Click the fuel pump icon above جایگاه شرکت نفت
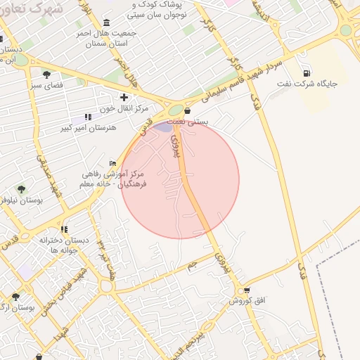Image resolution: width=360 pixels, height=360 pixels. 306,73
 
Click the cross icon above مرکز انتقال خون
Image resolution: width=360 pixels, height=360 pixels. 124,97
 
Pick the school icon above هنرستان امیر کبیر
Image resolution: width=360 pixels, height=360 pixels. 87,117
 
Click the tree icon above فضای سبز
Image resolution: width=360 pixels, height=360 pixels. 46,74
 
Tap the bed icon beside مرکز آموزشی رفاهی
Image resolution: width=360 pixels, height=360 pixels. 113,163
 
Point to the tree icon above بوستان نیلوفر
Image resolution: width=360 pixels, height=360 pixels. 21,188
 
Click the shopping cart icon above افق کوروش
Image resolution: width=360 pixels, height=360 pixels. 247,290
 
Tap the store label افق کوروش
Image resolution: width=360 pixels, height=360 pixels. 246,301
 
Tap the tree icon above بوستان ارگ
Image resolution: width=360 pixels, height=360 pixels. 15,296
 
